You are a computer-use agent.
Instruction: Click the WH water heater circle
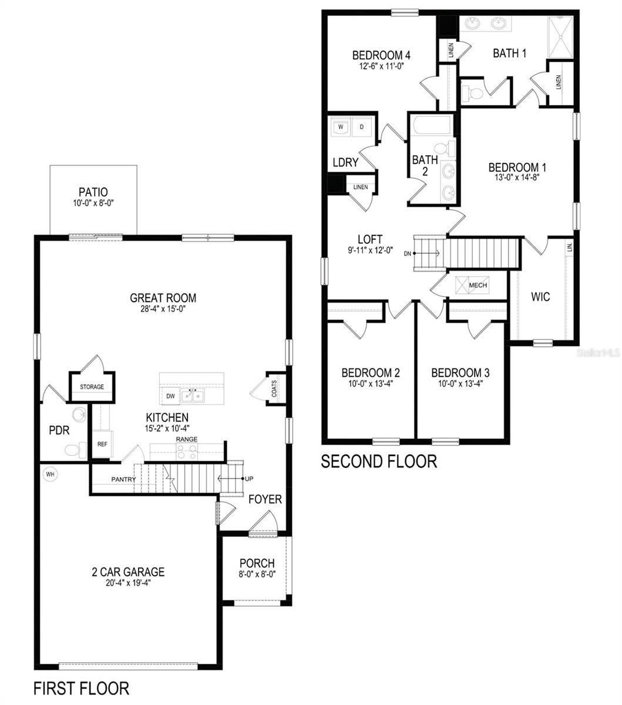(50, 474)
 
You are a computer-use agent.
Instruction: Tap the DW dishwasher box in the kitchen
(170, 396)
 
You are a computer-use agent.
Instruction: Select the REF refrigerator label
(102, 444)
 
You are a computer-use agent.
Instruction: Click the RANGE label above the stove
(187, 439)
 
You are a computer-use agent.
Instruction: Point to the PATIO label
(93, 192)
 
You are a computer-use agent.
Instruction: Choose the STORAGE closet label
(92, 387)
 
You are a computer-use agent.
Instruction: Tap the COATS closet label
(274, 388)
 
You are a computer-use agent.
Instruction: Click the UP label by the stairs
(249, 479)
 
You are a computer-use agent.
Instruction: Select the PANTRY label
(123, 479)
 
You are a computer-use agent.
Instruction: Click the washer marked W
(340, 127)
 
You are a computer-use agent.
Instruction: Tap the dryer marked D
(362, 127)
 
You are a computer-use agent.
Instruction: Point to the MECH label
(478, 285)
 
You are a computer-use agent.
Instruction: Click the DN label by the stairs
(408, 254)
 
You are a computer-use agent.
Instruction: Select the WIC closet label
(540, 297)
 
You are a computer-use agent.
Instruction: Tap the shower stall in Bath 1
(560, 37)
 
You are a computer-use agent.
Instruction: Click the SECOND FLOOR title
(379, 461)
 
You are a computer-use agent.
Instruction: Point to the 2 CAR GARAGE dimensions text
(129, 583)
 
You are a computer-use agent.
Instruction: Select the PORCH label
(257, 563)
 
